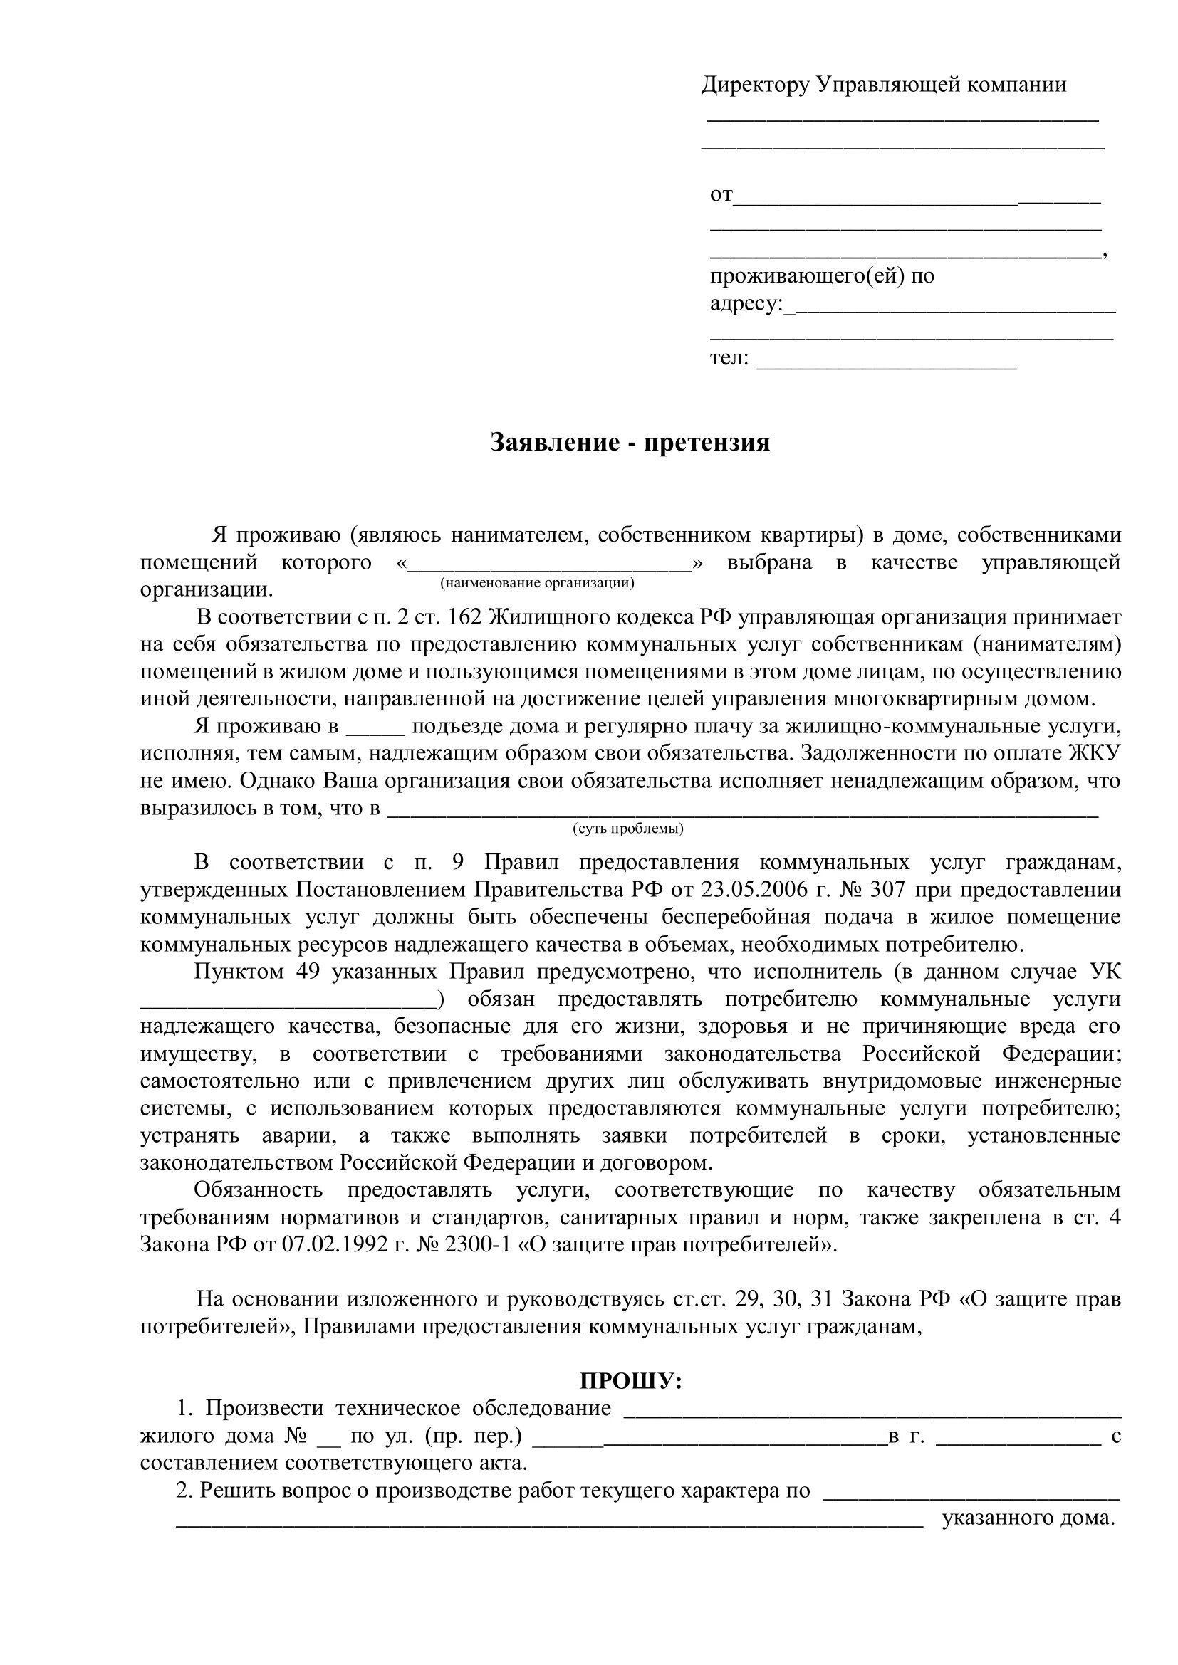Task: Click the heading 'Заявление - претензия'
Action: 630,442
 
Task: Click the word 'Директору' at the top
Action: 755,85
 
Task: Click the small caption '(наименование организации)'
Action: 537,582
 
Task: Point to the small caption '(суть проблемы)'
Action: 628,828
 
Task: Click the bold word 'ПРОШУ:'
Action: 631,1381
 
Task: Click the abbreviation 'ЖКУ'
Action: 1095,753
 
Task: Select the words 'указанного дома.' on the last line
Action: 1027,1518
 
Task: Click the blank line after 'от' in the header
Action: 917,197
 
